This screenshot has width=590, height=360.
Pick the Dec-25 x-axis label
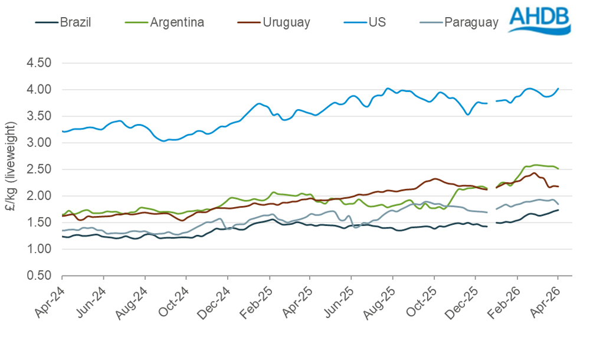point(466,298)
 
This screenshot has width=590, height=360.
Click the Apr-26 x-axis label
point(549,298)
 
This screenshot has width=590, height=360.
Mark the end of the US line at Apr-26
point(558,89)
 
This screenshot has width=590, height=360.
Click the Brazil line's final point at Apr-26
point(558,210)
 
